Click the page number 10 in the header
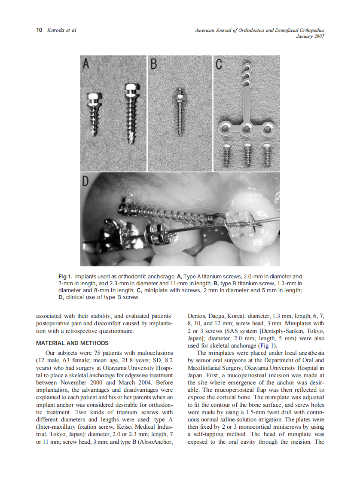pyautogui.click(x=39, y=30)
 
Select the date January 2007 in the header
pyautogui.click(x=310, y=36)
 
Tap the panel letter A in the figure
pyautogui.click(x=86, y=64)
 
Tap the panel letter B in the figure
pyautogui.click(x=153, y=64)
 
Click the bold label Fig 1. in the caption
pyautogui.click(x=65, y=277)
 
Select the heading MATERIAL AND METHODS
pyautogui.click(x=72, y=343)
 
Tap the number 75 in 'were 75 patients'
pyautogui.click(x=97, y=353)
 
